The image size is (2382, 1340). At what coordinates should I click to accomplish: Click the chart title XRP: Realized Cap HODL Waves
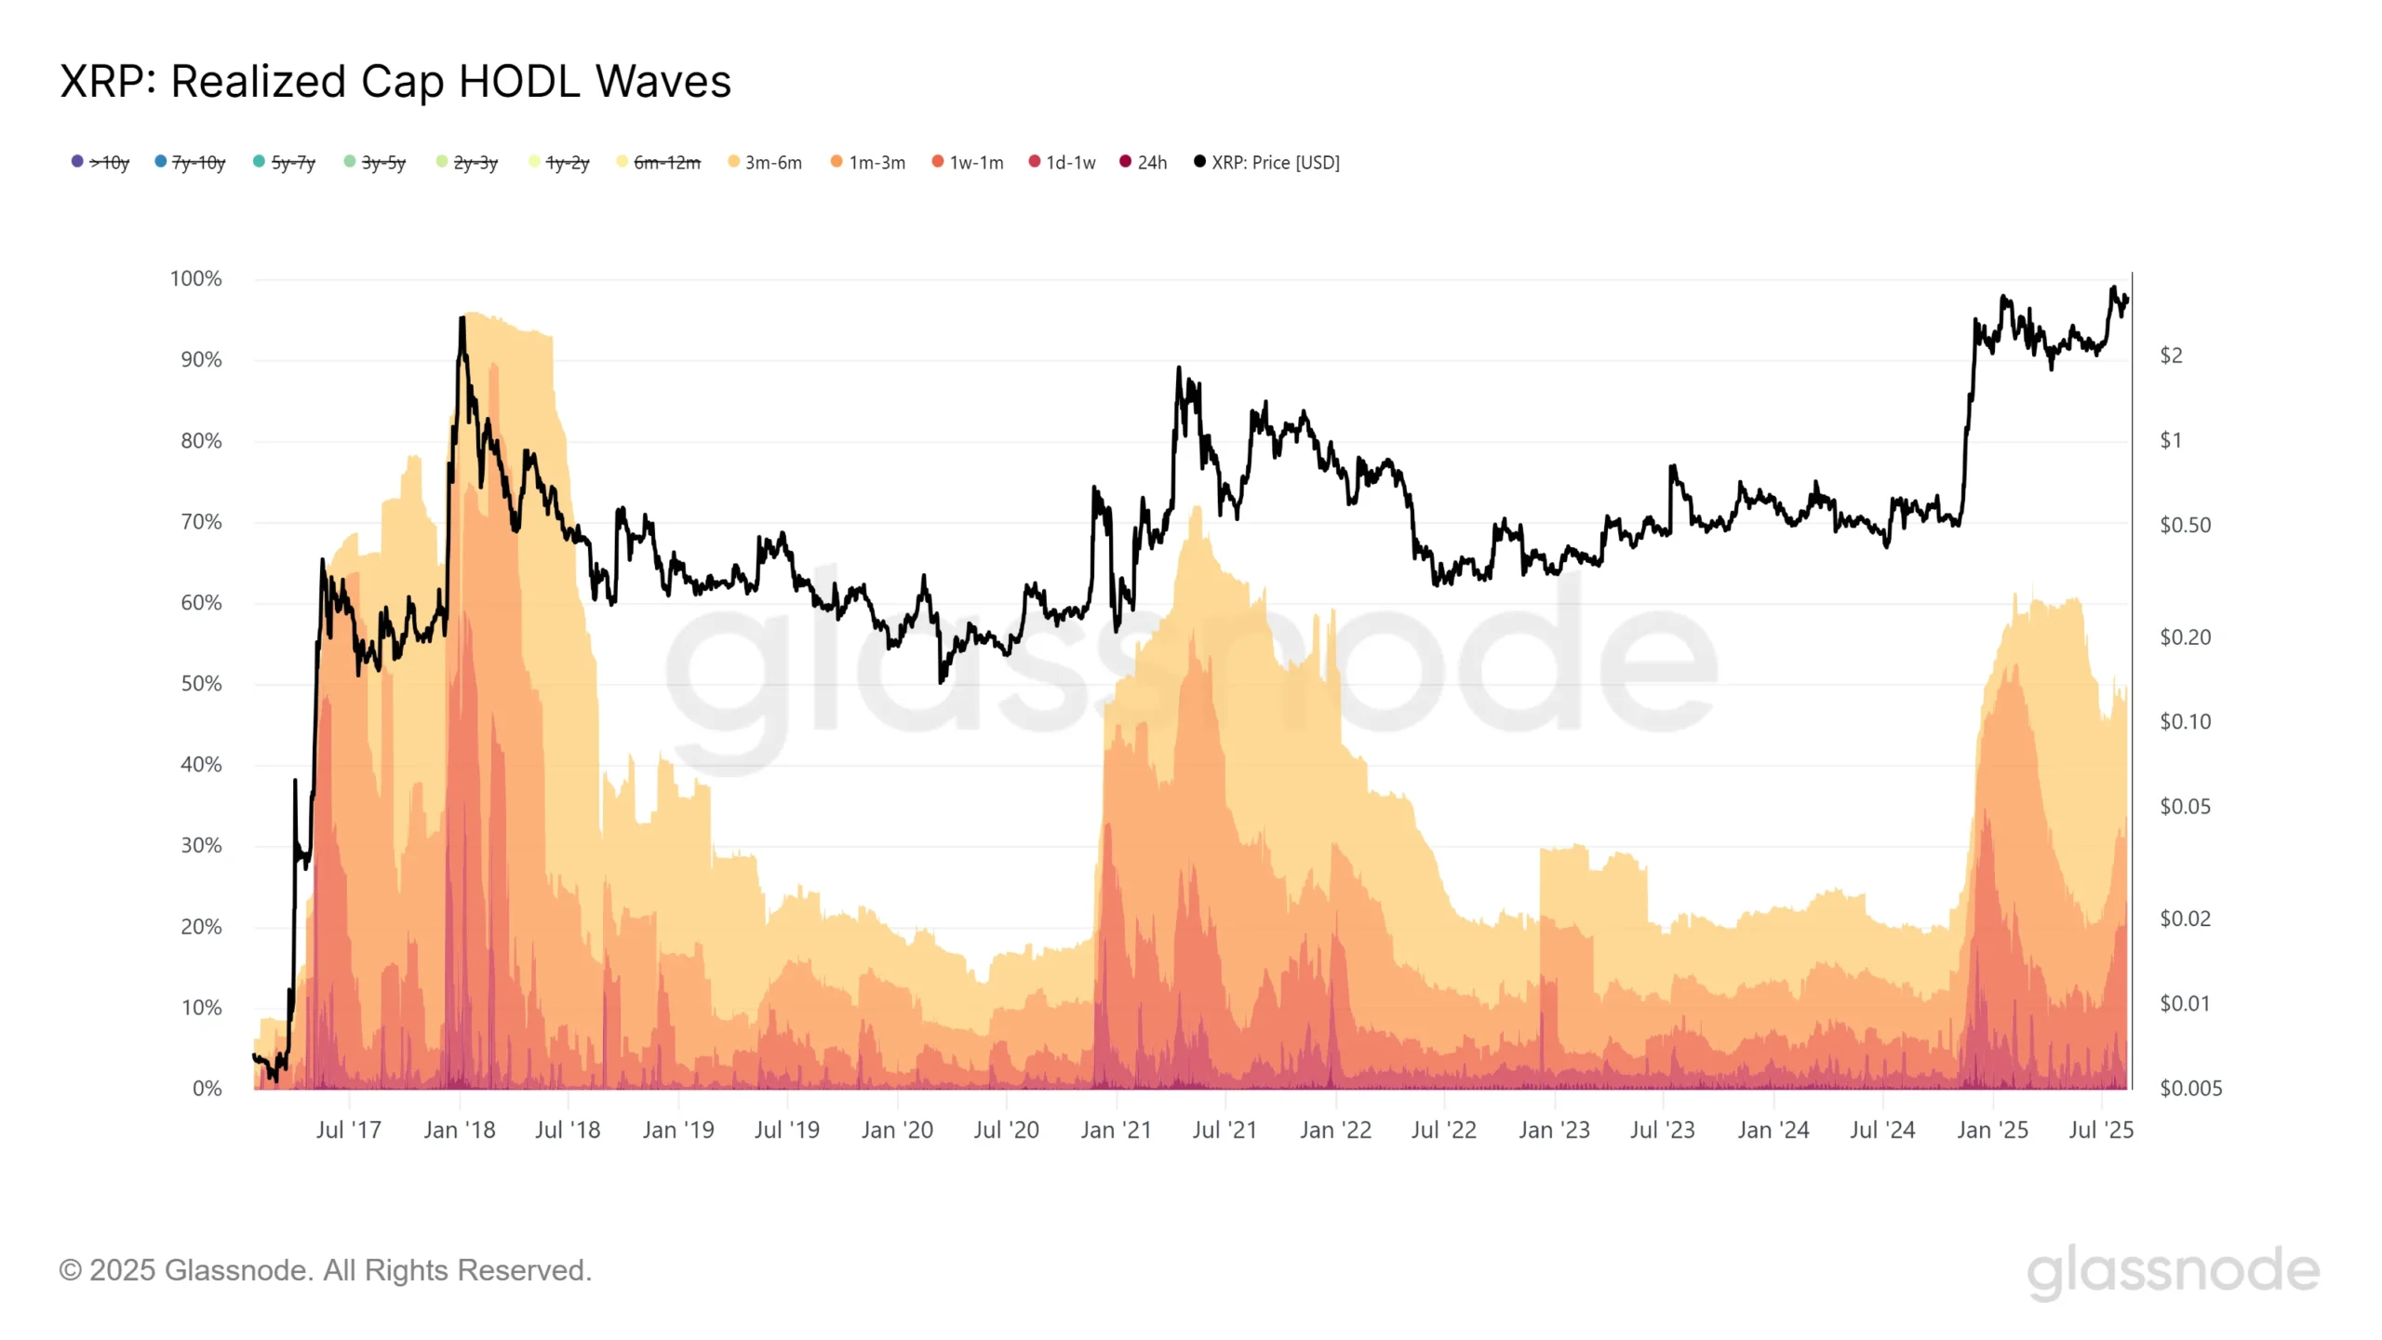pyautogui.click(x=395, y=82)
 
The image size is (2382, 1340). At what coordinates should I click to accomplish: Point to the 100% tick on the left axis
pyautogui.click(x=195, y=279)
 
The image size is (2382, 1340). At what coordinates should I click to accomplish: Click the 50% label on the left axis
pyautogui.click(x=201, y=684)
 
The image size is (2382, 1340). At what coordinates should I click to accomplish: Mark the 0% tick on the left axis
pyautogui.click(x=207, y=1089)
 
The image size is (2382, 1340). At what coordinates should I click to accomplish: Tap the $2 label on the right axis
pyautogui.click(x=2171, y=355)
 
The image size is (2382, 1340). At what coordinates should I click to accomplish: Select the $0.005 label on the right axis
pyautogui.click(x=2190, y=1089)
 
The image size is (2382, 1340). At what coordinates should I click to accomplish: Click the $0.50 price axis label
pyautogui.click(x=2185, y=526)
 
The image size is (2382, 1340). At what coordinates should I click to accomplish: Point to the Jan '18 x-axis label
pyautogui.click(x=460, y=1131)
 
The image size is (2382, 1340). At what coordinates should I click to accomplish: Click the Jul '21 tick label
pyautogui.click(x=1224, y=1131)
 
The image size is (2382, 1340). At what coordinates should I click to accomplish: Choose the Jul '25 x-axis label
pyautogui.click(x=2101, y=1131)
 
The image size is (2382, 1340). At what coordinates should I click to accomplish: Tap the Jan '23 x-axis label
pyautogui.click(x=1554, y=1131)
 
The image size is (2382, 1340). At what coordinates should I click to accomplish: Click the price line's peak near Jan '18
pyautogui.click(x=462, y=319)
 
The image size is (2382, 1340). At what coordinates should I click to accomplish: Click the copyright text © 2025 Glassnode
pyautogui.click(x=325, y=1271)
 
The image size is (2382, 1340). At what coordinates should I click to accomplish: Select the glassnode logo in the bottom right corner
pyautogui.click(x=2173, y=1271)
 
